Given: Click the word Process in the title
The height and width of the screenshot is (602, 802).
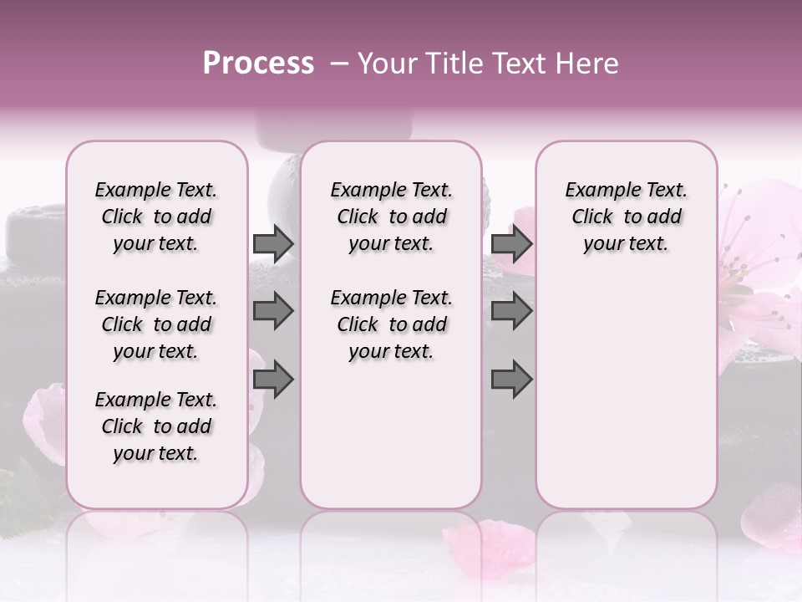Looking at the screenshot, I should coord(258,64).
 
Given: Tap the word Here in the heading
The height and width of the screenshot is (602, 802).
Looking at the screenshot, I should coord(587,64).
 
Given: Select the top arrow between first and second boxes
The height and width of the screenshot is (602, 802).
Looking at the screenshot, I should coord(273,243).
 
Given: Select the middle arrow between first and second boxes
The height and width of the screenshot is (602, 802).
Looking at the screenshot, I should coord(273,311).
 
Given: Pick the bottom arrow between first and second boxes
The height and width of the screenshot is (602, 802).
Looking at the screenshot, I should coord(273,380).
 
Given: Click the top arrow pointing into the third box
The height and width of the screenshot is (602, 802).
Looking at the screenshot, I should coord(511,243).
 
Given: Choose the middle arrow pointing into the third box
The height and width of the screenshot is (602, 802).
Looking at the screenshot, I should coord(511,311).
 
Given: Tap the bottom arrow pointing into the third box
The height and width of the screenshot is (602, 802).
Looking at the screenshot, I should coord(511,380).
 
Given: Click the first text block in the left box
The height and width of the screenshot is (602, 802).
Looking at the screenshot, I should coord(156,217).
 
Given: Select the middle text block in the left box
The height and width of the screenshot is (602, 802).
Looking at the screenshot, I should coord(156,324).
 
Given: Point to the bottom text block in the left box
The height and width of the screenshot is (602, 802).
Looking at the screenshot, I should coord(156,426).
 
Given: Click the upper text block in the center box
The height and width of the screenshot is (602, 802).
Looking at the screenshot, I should coord(391,217).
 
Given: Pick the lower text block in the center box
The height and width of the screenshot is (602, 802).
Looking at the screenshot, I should coord(391,324).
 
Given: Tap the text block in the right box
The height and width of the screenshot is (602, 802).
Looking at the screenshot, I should coord(626,217).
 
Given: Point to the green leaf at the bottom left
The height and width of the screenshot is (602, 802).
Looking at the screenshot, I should coord(29,493).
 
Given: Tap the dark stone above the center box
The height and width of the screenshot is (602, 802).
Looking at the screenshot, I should coord(334,125).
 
